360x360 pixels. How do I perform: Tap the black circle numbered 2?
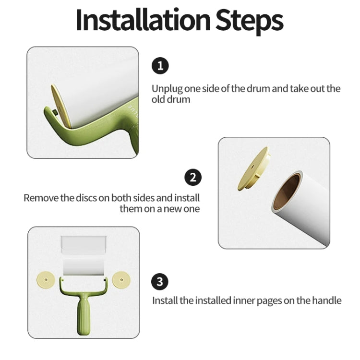192,177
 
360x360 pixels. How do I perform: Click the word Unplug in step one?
166,89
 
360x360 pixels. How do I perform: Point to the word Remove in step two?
41,198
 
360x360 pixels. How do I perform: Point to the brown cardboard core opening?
286,191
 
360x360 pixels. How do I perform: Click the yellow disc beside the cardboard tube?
253,169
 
